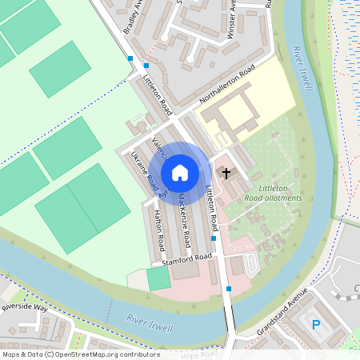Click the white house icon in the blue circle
point(180,172)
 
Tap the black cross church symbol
point(226,173)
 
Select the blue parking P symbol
point(316,325)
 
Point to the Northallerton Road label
point(226,87)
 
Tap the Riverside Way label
point(25,307)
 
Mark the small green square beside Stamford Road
point(158,278)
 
